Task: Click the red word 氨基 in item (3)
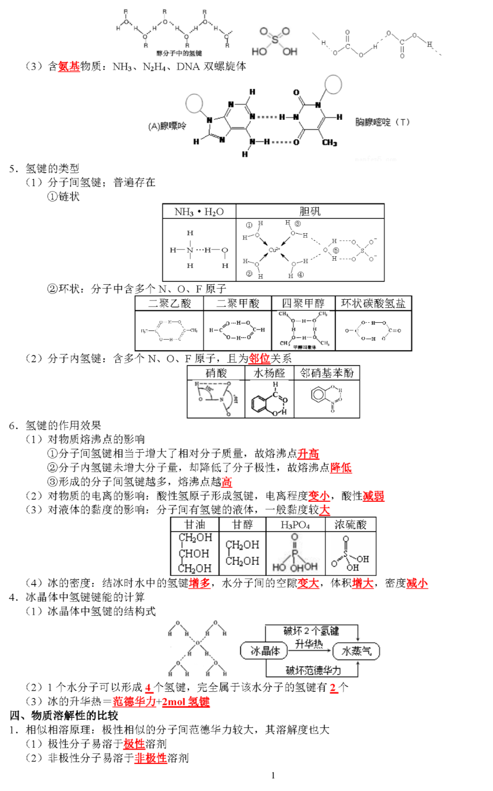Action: [69, 66]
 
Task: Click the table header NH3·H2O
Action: [199, 212]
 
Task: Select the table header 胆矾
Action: [310, 212]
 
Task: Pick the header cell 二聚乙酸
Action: [169, 304]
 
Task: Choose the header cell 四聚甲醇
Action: [303, 304]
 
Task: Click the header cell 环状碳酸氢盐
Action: [373, 304]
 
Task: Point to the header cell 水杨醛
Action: [269, 373]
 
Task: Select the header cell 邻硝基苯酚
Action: [326, 373]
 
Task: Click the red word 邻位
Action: [259, 359]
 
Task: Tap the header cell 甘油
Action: [195, 524]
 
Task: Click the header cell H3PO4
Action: [295, 524]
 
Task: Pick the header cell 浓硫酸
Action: [350, 524]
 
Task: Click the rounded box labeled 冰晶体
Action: [264, 651]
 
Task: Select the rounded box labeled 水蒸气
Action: [356, 651]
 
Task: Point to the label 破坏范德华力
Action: [313, 670]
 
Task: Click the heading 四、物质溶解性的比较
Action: [64, 715]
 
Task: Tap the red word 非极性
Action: [150, 758]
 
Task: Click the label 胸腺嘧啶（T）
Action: [382, 122]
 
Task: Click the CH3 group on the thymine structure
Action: [329, 143]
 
